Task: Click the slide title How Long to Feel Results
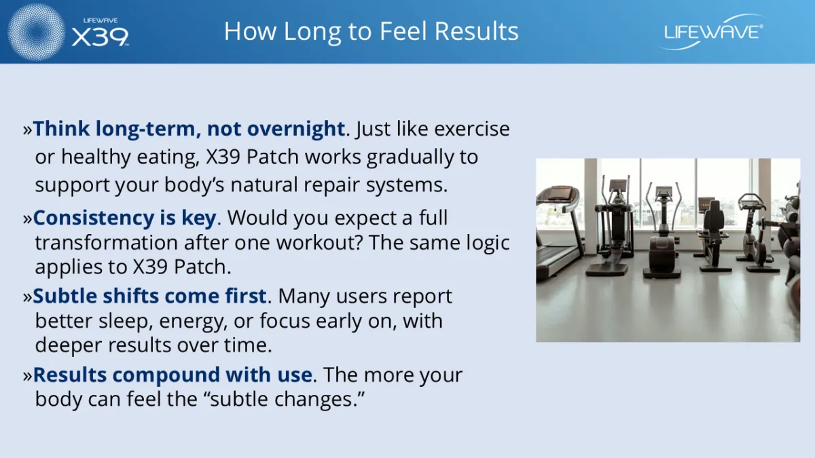click(371, 31)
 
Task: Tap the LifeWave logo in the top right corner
click(712, 32)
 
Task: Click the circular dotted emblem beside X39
click(36, 32)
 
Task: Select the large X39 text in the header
click(100, 37)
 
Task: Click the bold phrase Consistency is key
click(124, 218)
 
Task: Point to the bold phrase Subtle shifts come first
click(149, 296)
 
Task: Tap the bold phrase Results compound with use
click(173, 375)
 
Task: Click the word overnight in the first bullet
click(296, 129)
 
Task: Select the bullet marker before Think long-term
click(28, 130)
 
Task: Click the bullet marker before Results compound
click(28, 376)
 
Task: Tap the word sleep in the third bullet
click(123, 322)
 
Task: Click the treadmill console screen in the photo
click(560, 192)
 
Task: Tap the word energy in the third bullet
click(192, 322)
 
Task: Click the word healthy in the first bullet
click(96, 157)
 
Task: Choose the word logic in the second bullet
click(488, 243)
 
